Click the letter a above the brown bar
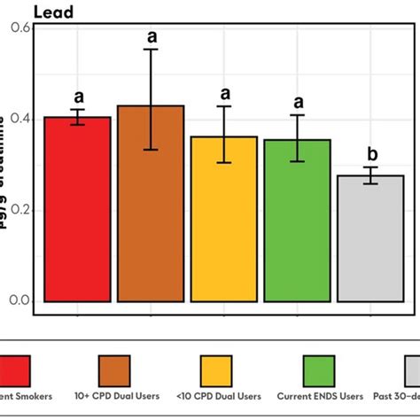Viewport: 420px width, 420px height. coord(152,36)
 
